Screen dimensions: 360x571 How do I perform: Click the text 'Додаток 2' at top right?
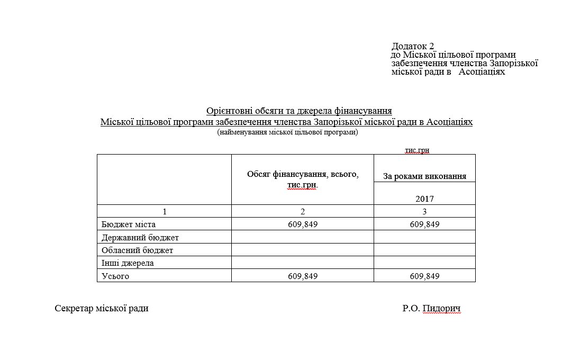pyautogui.click(x=412, y=46)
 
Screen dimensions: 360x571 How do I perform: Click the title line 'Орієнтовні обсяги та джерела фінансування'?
pyautogui.click(x=299, y=111)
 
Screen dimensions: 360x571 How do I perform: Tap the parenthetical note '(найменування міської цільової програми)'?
pyautogui.click(x=287, y=132)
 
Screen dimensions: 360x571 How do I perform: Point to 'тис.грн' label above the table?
pyautogui.click(x=417, y=150)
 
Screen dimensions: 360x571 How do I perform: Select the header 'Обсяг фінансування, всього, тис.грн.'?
pyautogui.click(x=303, y=179)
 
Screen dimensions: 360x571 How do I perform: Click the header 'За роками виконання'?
pyautogui.click(x=424, y=176)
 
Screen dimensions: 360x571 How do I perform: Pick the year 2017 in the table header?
pyautogui.click(x=424, y=199)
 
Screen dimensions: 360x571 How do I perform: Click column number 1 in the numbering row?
pyautogui.click(x=164, y=211)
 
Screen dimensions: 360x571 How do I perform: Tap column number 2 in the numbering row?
pyautogui.click(x=303, y=211)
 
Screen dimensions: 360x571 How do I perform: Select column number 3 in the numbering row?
pyautogui.click(x=424, y=211)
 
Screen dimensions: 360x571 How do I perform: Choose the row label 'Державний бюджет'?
pyautogui.click(x=140, y=237)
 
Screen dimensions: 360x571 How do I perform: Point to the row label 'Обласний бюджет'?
pyautogui.click(x=138, y=250)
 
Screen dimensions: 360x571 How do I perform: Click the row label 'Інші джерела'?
pyautogui.click(x=128, y=263)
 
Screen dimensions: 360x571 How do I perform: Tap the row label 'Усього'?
pyautogui.click(x=115, y=276)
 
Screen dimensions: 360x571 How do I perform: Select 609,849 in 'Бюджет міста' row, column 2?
pyautogui.click(x=303, y=224)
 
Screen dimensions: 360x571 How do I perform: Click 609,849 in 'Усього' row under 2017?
pyautogui.click(x=424, y=276)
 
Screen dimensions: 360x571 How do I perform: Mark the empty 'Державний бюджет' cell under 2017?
pyautogui.click(x=424, y=237)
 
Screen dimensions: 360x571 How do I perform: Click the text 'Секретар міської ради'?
pyautogui.click(x=102, y=308)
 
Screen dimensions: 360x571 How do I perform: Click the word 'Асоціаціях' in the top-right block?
pyautogui.click(x=482, y=71)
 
